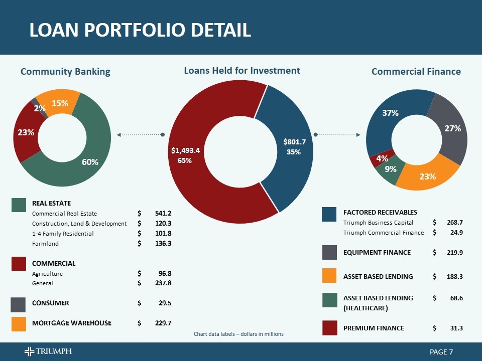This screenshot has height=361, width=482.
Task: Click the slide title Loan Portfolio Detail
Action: point(140,31)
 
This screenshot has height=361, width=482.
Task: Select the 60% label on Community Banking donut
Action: point(90,162)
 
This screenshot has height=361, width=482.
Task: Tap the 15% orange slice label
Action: point(60,103)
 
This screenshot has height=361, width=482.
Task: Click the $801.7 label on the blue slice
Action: point(294,142)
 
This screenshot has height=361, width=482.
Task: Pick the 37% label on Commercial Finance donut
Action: point(390,113)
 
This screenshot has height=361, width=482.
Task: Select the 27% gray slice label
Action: point(452,128)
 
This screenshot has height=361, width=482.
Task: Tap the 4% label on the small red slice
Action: point(382,158)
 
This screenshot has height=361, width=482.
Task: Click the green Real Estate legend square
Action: point(19,205)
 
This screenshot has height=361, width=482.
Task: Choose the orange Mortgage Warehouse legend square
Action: point(19,323)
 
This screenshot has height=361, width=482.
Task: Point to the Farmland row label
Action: point(45,244)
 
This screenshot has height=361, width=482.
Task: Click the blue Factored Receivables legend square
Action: point(329,214)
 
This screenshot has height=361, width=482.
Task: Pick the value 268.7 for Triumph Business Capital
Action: point(454,223)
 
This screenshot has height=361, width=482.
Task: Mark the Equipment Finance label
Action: point(377,253)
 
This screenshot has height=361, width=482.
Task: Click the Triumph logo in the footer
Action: point(48,351)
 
